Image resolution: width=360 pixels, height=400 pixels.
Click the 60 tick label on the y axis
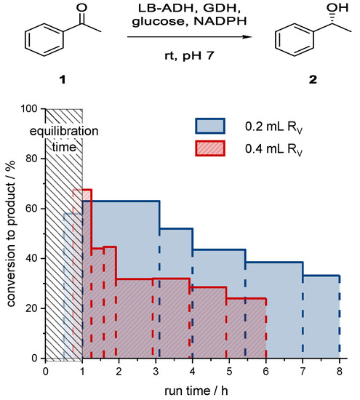click(33, 209)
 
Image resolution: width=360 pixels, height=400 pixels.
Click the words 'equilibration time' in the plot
click(64, 138)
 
